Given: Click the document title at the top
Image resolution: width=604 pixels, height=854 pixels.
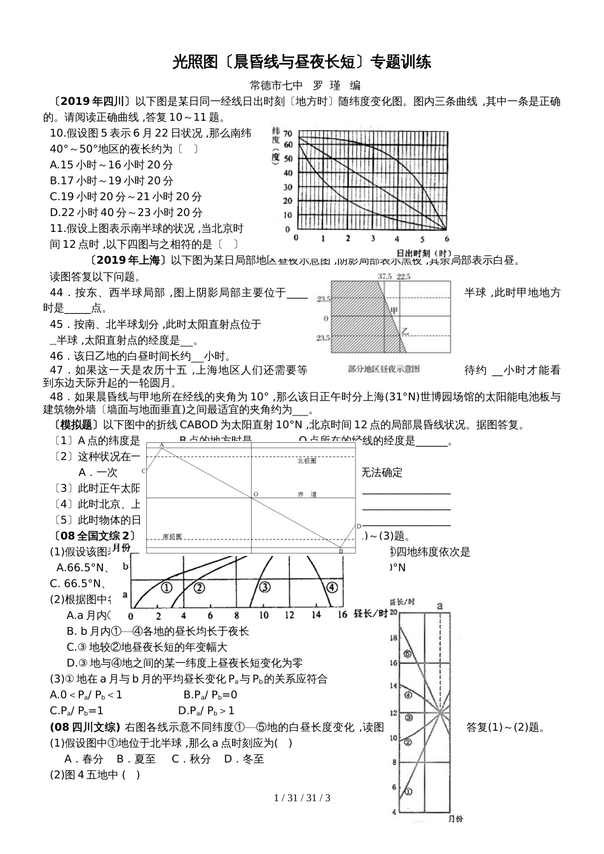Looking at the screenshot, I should click(302, 62).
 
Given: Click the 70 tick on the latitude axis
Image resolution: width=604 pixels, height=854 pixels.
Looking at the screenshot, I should click(288, 133).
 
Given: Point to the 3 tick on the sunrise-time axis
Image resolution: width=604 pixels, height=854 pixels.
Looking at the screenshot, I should click(372, 238).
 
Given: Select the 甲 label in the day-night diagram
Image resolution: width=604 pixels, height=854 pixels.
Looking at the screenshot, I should click(394, 311).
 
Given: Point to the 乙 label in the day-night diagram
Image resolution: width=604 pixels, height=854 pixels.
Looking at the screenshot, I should click(404, 331).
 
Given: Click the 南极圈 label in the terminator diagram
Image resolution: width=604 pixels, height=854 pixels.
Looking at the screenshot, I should click(172, 537).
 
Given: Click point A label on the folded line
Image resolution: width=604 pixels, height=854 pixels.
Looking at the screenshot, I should click(161, 445).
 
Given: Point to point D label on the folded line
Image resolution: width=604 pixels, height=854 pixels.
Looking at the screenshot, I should click(359, 526).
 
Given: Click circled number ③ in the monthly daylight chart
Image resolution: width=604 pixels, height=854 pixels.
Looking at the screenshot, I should click(264, 587).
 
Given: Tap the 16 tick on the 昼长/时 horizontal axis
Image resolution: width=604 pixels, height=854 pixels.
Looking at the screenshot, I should click(343, 615).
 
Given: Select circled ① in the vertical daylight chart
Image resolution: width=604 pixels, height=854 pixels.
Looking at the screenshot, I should click(408, 792).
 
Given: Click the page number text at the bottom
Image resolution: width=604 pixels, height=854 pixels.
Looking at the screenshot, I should click(302, 798).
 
